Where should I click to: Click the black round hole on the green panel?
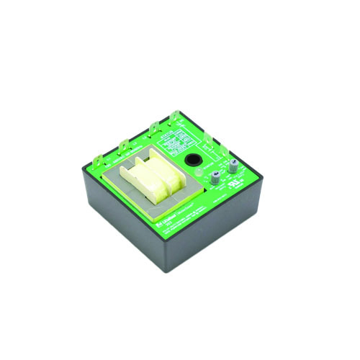click(x=193, y=162)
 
